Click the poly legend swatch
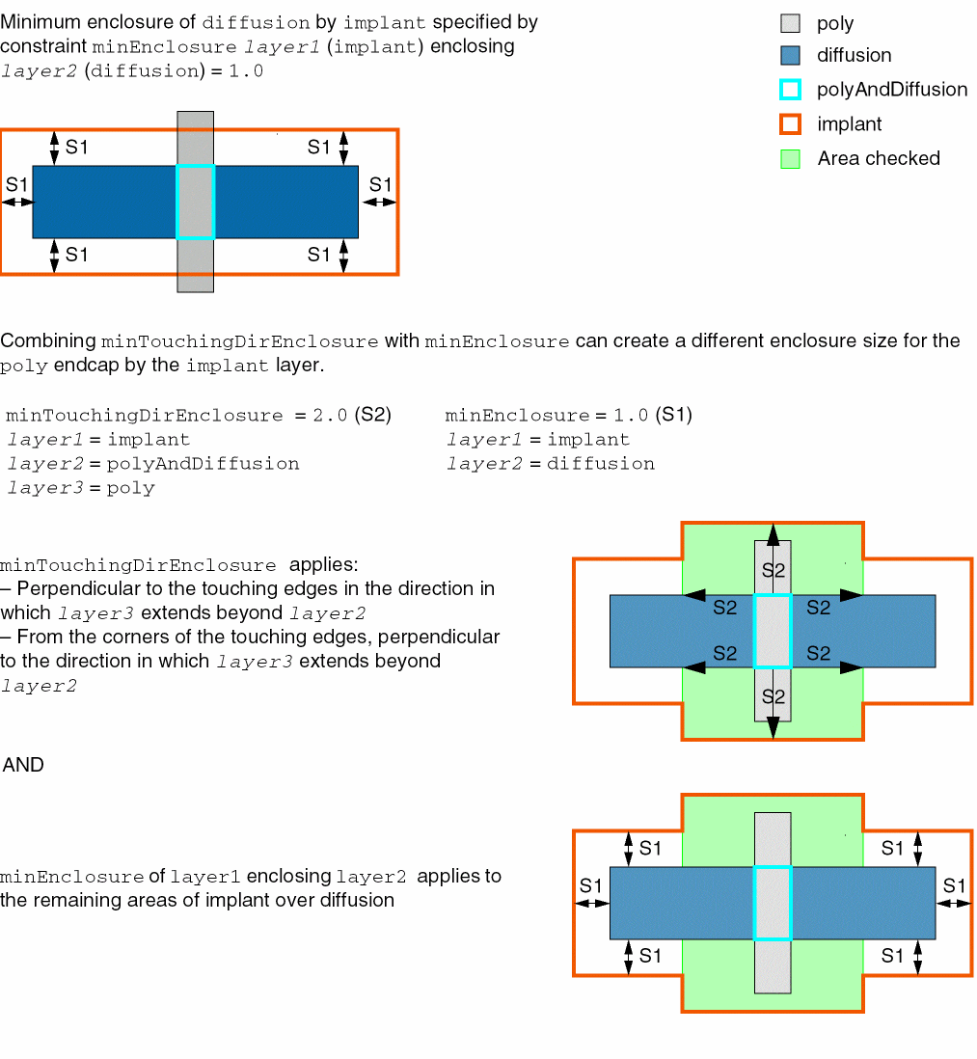790,24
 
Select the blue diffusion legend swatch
790,55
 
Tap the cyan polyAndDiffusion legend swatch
790,89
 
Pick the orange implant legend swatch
790,124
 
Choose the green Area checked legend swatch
790,159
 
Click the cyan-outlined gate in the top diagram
195,202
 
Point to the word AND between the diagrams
24,765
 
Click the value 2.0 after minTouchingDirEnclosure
330,415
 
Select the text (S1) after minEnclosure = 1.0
674,415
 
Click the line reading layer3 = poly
81,488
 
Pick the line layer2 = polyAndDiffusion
153,463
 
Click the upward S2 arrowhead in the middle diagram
773,535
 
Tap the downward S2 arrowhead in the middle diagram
773,727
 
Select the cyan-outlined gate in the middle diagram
773,631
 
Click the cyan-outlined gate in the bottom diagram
773,903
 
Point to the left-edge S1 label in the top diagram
17,184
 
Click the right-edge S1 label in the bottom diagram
954,885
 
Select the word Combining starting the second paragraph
48,341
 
